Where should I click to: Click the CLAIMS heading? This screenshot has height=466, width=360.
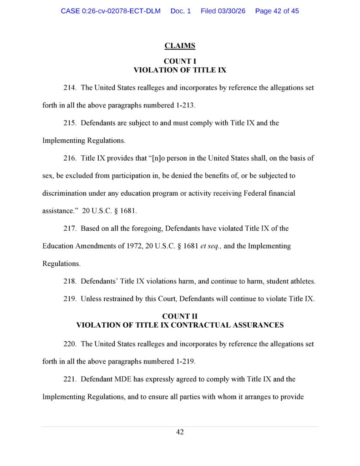pyautogui.click(x=180, y=46)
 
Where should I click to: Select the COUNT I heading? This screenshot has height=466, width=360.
pyautogui.click(x=180, y=61)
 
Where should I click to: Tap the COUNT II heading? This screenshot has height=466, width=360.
pyautogui.click(x=180, y=316)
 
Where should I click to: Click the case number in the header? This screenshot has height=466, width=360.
pyautogui.click(x=111, y=10)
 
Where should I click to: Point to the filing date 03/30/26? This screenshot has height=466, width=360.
pyautogui.click(x=232, y=10)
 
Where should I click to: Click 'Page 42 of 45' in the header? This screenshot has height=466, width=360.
pyautogui.click(x=277, y=10)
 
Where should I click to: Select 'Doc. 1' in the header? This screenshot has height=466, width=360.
pyautogui.click(x=181, y=10)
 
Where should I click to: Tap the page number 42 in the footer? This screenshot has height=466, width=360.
pyautogui.click(x=180, y=432)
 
